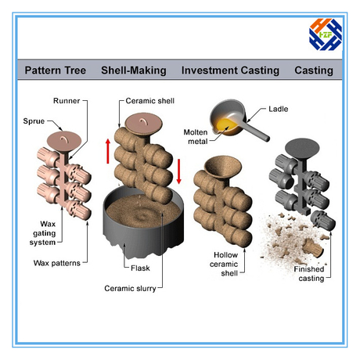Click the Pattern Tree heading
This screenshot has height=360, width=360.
pos(56,70)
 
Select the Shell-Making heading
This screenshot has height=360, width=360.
pos(134,70)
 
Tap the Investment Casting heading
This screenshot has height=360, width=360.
pos(230,70)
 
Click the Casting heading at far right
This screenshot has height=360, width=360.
pos(314,70)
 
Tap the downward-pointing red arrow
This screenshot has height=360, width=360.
pos(179,171)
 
